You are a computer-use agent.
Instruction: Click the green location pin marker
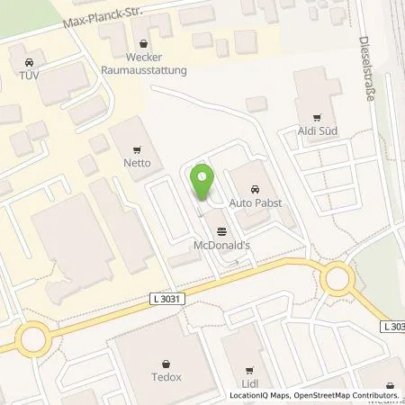[203, 182]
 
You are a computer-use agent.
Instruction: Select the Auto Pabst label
[256, 202]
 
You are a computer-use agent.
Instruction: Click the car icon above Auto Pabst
[256, 189]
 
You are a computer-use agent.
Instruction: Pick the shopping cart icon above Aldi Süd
[316, 117]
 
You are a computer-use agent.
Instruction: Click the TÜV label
[30, 76]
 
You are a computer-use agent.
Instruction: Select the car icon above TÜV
[29, 62]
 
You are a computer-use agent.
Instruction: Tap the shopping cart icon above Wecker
[142, 40]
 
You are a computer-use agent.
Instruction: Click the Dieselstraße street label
[365, 67]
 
